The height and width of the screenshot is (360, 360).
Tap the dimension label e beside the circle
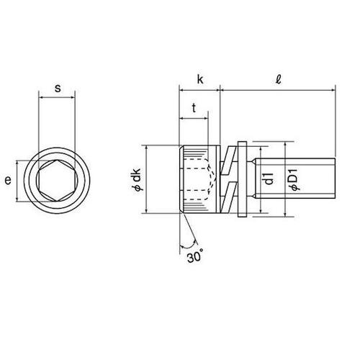(8, 181)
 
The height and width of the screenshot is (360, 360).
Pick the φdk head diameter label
(135, 179)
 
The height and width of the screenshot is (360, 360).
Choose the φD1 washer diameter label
(294, 179)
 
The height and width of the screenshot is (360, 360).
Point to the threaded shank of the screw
(302, 180)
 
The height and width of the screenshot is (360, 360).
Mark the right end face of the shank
(334, 180)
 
